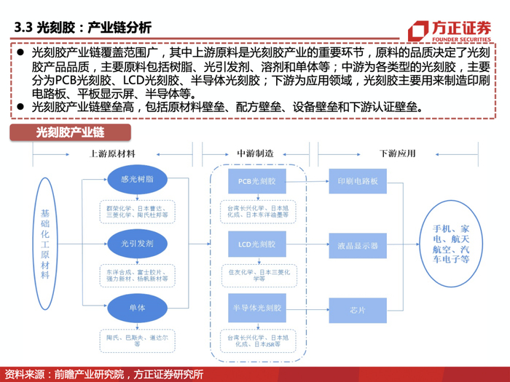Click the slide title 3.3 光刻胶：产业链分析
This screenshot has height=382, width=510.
point(83,28)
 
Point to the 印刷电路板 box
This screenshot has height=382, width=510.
point(353,181)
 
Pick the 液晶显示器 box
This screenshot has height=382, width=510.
point(353,245)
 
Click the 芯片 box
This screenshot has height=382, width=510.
point(353,309)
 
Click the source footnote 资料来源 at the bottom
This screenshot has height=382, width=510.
point(103,374)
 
